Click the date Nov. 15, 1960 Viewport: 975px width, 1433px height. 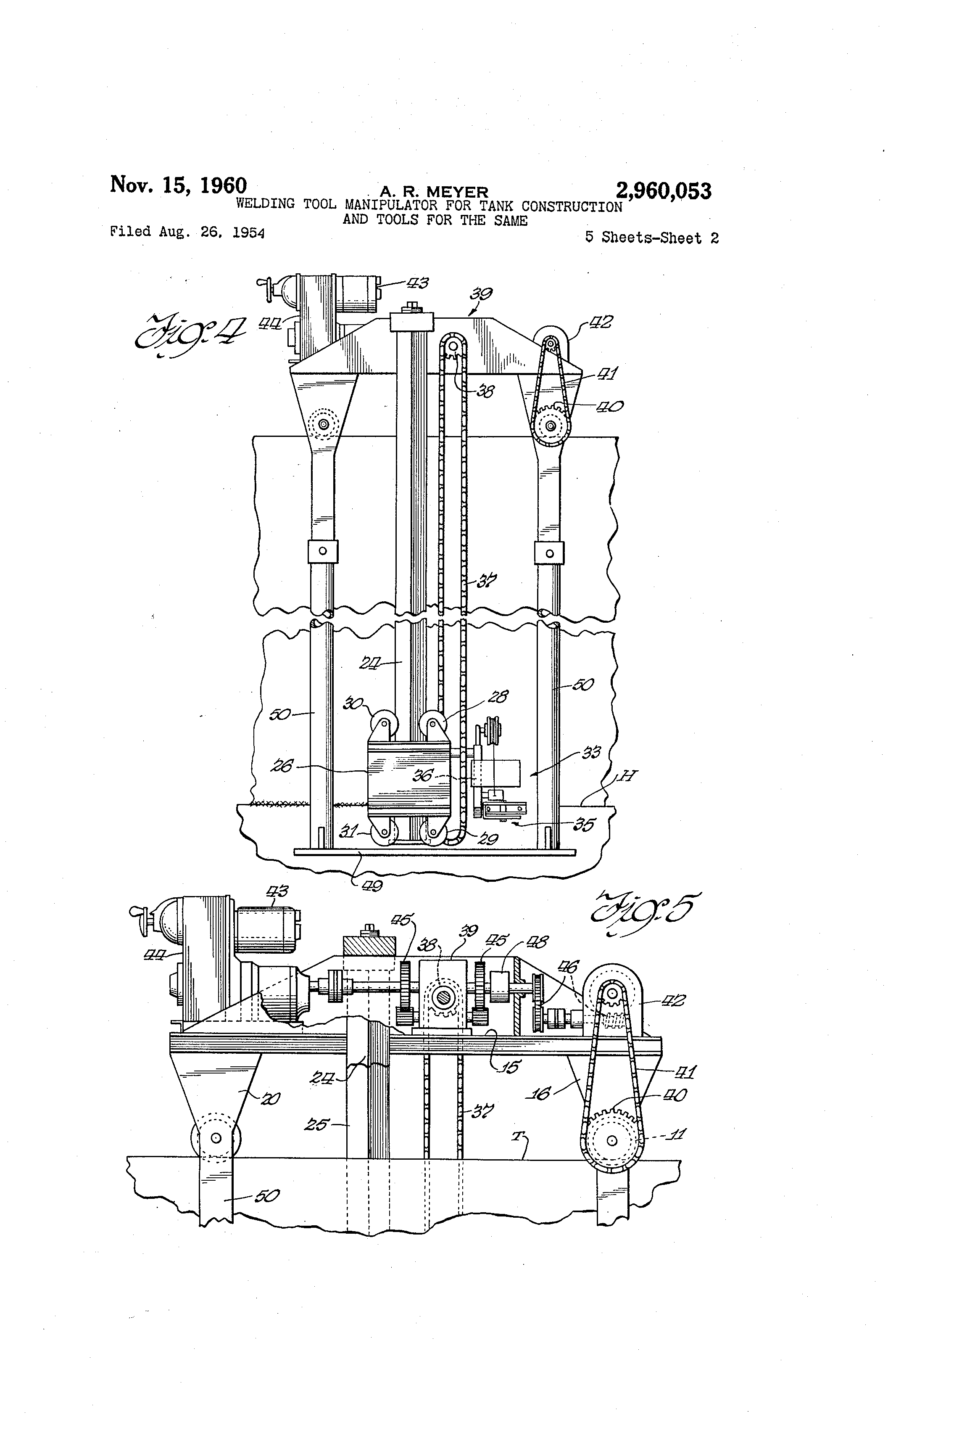point(178,185)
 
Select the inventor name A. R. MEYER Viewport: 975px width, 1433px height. point(434,193)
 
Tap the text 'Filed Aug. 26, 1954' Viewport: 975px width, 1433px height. point(187,232)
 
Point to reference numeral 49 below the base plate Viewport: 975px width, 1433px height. point(372,886)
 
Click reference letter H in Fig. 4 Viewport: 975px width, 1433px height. point(627,776)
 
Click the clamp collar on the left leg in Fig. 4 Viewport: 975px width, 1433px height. point(323,551)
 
